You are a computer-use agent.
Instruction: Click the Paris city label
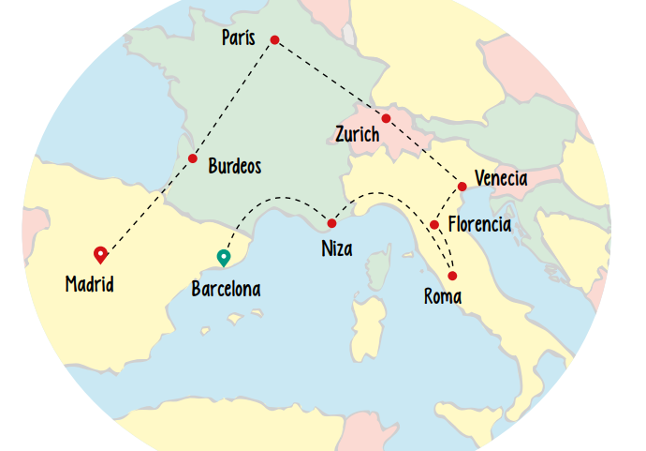[x=239, y=38]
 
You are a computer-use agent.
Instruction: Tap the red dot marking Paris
[x=274, y=39]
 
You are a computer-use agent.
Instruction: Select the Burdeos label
[x=234, y=167]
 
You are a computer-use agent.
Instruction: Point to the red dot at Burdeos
[x=192, y=158]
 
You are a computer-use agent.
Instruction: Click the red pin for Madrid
[x=101, y=253]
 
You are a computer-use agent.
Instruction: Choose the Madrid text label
[x=90, y=283]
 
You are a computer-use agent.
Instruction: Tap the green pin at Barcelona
[x=223, y=257]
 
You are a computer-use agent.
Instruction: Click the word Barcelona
[x=226, y=289]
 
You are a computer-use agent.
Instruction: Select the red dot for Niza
[x=331, y=223]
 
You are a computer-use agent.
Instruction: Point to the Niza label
[x=337, y=250]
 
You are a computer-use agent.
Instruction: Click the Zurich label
[x=358, y=135]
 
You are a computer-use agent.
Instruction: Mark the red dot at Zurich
[x=386, y=118]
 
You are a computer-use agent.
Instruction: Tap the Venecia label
[x=501, y=178]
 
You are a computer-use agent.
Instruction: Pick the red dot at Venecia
[x=462, y=186]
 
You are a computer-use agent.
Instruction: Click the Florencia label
[x=479, y=225]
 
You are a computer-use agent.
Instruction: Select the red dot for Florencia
[x=434, y=225]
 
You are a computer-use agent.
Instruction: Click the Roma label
[x=443, y=297]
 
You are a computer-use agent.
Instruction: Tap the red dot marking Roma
[x=452, y=276]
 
